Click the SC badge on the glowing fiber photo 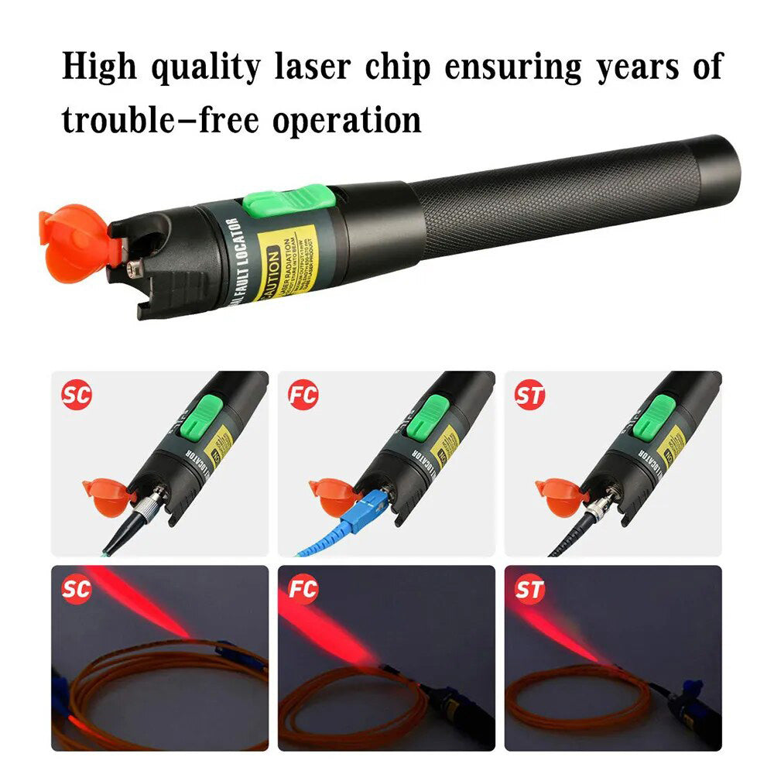pyautogui.click(x=77, y=590)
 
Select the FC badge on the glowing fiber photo pyautogui.click(x=303, y=590)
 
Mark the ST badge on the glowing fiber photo pyautogui.click(x=529, y=590)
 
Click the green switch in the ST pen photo pyautogui.click(x=663, y=419)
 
